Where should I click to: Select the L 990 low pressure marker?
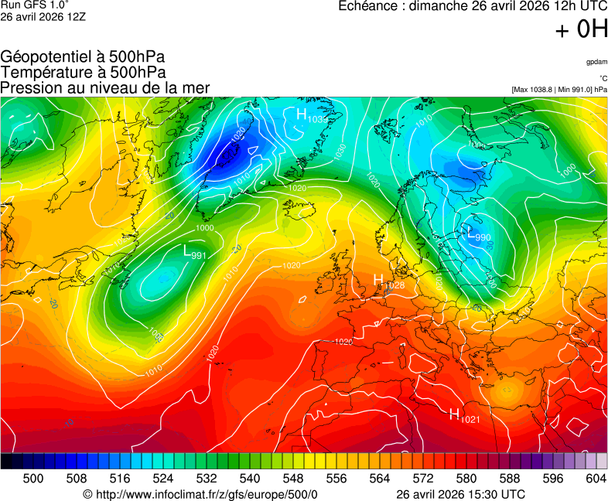(479, 234)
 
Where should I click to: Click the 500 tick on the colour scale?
(33, 479)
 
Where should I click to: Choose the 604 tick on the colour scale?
(596, 479)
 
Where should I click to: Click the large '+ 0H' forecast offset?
(581, 30)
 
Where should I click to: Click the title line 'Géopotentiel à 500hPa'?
(83, 57)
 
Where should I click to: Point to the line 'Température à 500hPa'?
(83, 73)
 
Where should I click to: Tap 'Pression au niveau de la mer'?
(105, 88)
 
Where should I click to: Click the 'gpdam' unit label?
(596, 61)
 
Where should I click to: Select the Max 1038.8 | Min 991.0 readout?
(558, 90)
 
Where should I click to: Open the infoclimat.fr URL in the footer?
(200, 494)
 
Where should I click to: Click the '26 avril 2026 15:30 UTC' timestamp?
(460, 494)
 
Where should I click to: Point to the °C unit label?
(603, 78)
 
